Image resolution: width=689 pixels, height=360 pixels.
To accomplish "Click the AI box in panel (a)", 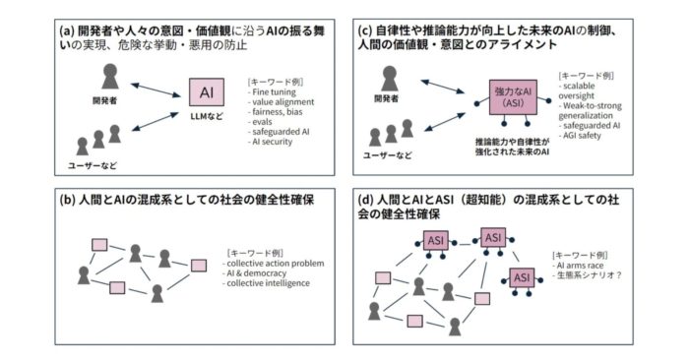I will click(207, 92).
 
